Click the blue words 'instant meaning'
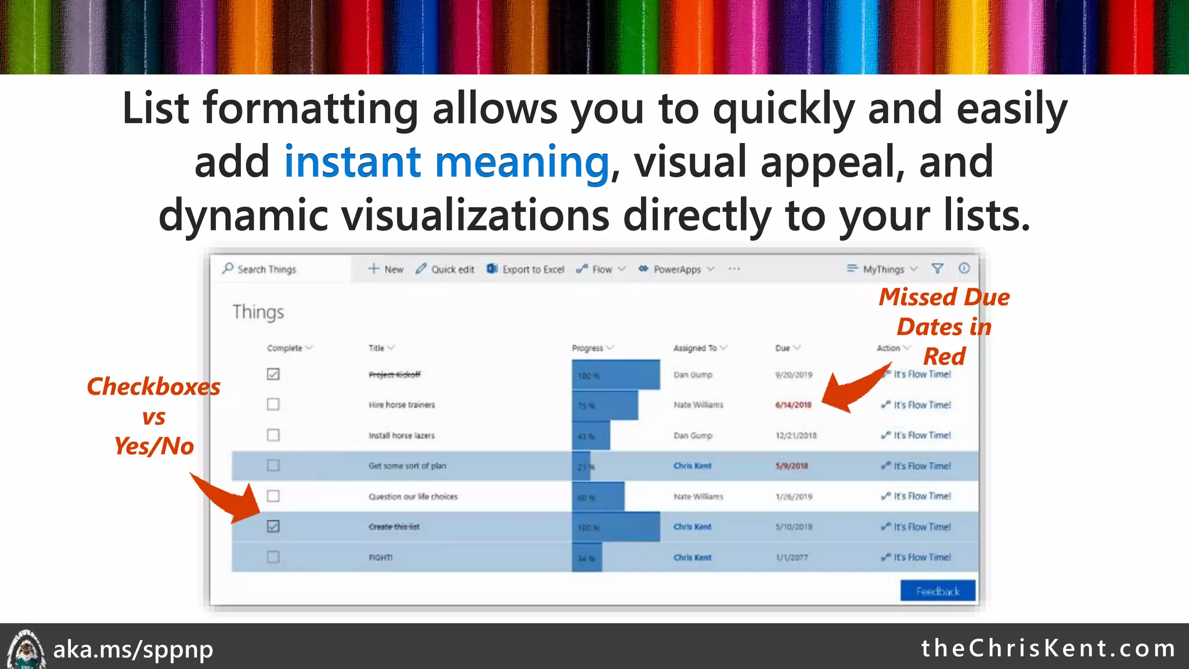click(446, 162)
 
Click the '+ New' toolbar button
click(386, 269)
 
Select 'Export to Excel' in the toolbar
click(526, 269)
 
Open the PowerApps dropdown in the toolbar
click(677, 269)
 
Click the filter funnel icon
click(937, 268)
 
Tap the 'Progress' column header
click(589, 348)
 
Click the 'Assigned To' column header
click(696, 348)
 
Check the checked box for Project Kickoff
click(273, 374)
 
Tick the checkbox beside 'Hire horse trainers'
click(273, 404)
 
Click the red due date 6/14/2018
click(793, 405)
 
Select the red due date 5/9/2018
click(791, 466)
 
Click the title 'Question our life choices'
click(413, 497)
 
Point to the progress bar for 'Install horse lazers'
click(591, 436)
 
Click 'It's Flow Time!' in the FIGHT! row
click(922, 557)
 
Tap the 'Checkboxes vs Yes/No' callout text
click(153, 416)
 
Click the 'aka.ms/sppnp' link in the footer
click(133, 649)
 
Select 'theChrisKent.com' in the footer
click(1049, 648)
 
